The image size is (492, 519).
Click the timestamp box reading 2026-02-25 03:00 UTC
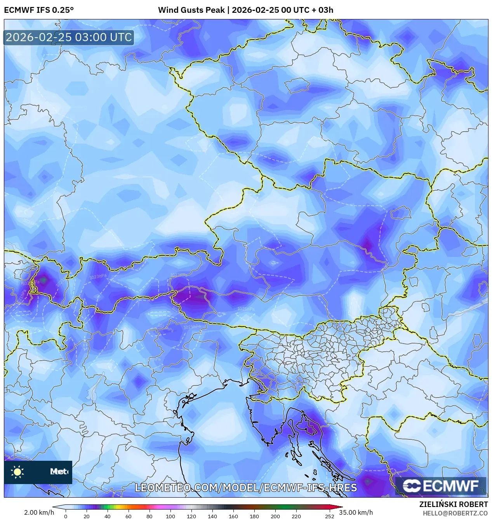coord(69,37)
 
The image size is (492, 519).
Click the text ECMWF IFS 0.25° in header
coord(39,10)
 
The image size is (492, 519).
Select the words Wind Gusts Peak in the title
coord(191,10)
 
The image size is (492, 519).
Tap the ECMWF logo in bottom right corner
coord(441,486)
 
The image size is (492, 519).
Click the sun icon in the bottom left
coord(17,472)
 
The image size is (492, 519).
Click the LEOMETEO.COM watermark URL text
coord(245,488)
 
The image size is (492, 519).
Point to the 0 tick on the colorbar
coord(65,516)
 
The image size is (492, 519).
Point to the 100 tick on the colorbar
coord(170,516)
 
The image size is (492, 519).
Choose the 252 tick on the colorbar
coord(329,516)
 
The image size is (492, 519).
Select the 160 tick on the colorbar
coord(233,516)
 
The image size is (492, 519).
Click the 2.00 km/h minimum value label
coord(39,512)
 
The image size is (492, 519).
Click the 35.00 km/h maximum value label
coord(356,512)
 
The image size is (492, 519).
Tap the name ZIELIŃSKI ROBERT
coord(454,504)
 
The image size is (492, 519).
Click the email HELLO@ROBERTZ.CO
coord(455,513)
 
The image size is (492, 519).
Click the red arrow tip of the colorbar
coord(339,507)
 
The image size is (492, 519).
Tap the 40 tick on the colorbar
coord(107,516)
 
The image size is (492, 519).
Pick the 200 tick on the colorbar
coord(275,516)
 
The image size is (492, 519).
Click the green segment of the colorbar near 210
coord(286,507)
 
